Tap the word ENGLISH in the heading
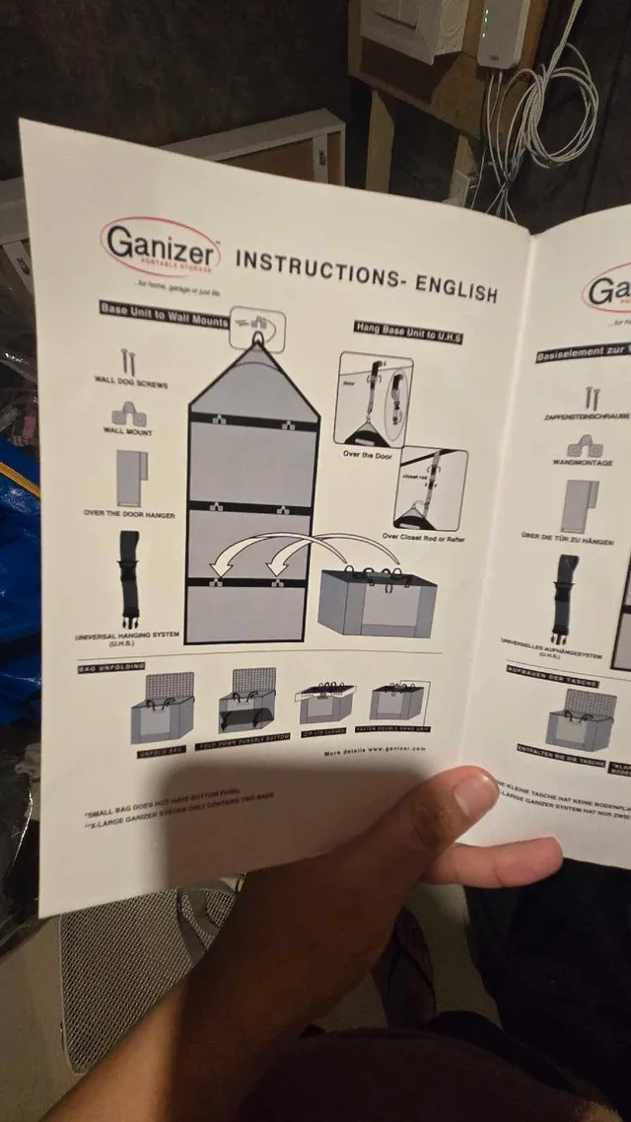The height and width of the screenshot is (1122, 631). point(456,289)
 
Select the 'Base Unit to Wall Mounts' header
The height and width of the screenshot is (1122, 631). point(164,313)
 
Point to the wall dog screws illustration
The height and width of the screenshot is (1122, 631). point(126,362)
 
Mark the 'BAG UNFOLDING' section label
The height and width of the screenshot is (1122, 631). point(111,668)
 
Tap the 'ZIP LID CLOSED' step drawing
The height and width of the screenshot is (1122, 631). point(326,702)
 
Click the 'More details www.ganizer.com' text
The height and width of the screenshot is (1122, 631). point(375,751)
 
